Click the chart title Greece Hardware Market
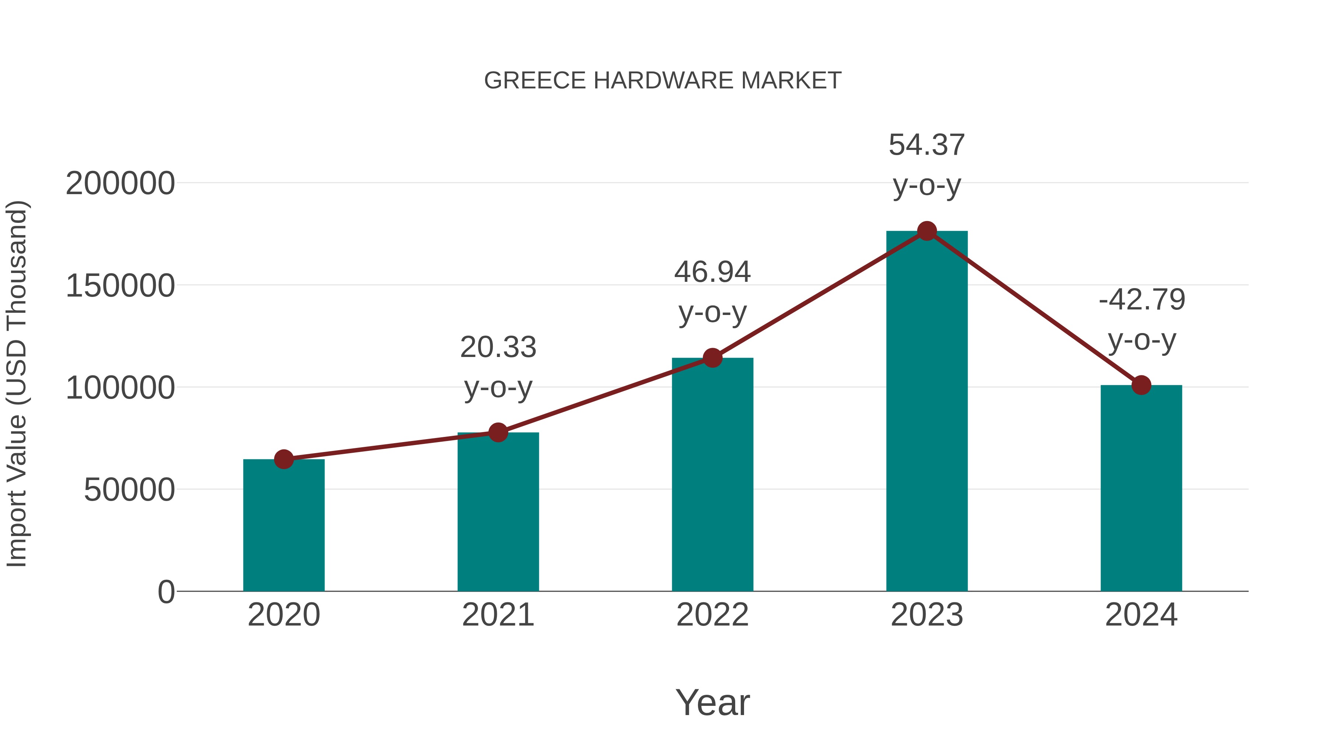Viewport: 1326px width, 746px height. coord(663,81)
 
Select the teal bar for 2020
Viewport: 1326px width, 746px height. coord(284,525)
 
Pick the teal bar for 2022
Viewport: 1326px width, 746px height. coord(712,474)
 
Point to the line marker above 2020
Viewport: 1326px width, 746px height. coord(284,459)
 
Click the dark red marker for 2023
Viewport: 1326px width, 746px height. coord(927,231)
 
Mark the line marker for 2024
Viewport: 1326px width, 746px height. coord(1141,385)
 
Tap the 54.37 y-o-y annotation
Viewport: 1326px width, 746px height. coord(927,165)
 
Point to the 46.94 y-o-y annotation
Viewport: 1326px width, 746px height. coord(712,291)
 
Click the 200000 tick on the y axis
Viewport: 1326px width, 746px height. coord(120,183)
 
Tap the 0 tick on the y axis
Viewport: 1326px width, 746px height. coord(166,592)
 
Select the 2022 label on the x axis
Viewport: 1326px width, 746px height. coord(712,615)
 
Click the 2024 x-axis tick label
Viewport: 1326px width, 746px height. coord(1141,615)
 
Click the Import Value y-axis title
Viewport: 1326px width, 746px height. coord(17,384)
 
